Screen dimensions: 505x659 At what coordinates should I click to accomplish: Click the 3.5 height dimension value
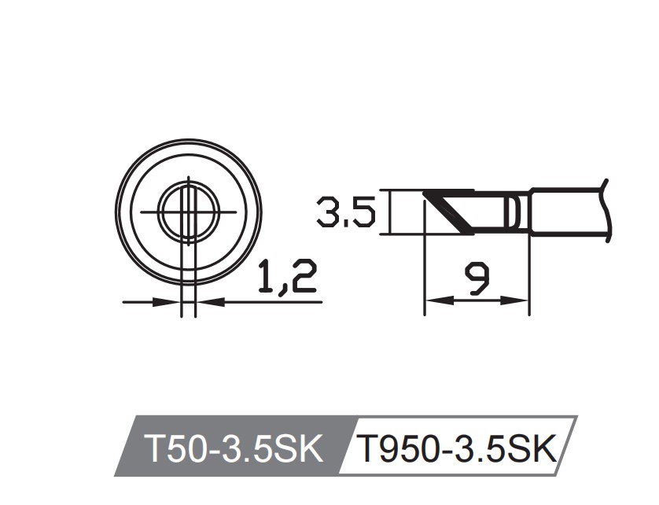344,212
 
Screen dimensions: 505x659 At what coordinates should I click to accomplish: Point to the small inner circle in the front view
187,212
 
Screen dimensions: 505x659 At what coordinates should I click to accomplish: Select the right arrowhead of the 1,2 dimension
204,300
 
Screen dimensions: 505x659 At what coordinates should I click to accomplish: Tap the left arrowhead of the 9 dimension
433,300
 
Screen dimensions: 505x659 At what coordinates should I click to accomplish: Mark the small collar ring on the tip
513,212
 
